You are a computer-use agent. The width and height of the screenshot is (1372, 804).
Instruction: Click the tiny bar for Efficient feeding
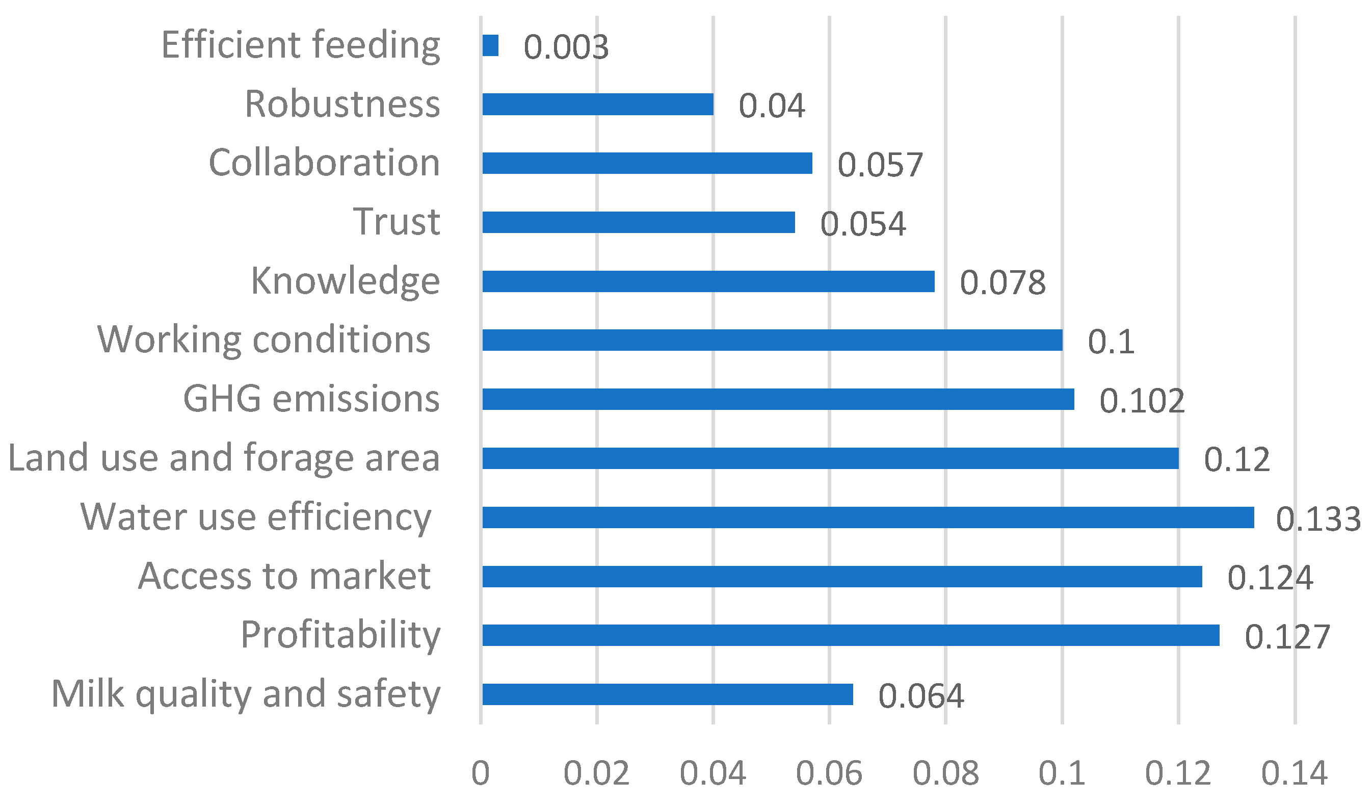coord(490,46)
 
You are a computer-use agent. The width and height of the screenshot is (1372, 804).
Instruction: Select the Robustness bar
coord(598,104)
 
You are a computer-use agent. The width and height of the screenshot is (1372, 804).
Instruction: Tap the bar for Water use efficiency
coord(868,517)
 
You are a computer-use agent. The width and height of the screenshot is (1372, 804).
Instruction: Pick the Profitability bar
coord(851,635)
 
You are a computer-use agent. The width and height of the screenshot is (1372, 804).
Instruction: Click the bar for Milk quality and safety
coord(668,694)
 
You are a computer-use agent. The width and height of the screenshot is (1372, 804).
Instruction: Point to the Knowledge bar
coord(708,281)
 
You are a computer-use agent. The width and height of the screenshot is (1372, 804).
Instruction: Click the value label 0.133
coord(1317,519)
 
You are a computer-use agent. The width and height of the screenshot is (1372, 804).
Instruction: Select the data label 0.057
coord(880,165)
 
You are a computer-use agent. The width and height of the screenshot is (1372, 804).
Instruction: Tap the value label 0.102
coord(1142,401)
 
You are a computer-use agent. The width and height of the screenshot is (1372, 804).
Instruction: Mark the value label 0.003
coord(566,47)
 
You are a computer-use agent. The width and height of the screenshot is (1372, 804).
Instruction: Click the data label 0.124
coord(1270,578)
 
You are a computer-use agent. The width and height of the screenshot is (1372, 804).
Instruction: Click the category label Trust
coord(397,222)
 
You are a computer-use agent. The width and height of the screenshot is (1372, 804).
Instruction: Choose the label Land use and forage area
coord(224,457)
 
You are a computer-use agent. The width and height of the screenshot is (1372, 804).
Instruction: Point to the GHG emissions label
coord(311,399)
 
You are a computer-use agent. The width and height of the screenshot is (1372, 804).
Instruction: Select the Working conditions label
coord(264,340)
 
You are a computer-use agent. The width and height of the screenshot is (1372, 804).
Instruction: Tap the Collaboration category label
coord(324,162)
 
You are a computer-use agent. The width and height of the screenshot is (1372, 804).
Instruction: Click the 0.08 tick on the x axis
coord(946,773)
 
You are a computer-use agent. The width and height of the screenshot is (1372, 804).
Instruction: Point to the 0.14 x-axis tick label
coord(1294,773)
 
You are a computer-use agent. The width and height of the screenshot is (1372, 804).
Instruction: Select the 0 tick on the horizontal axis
coord(481,773)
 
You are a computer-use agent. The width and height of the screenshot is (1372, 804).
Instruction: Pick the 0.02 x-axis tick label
coord(597,773)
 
